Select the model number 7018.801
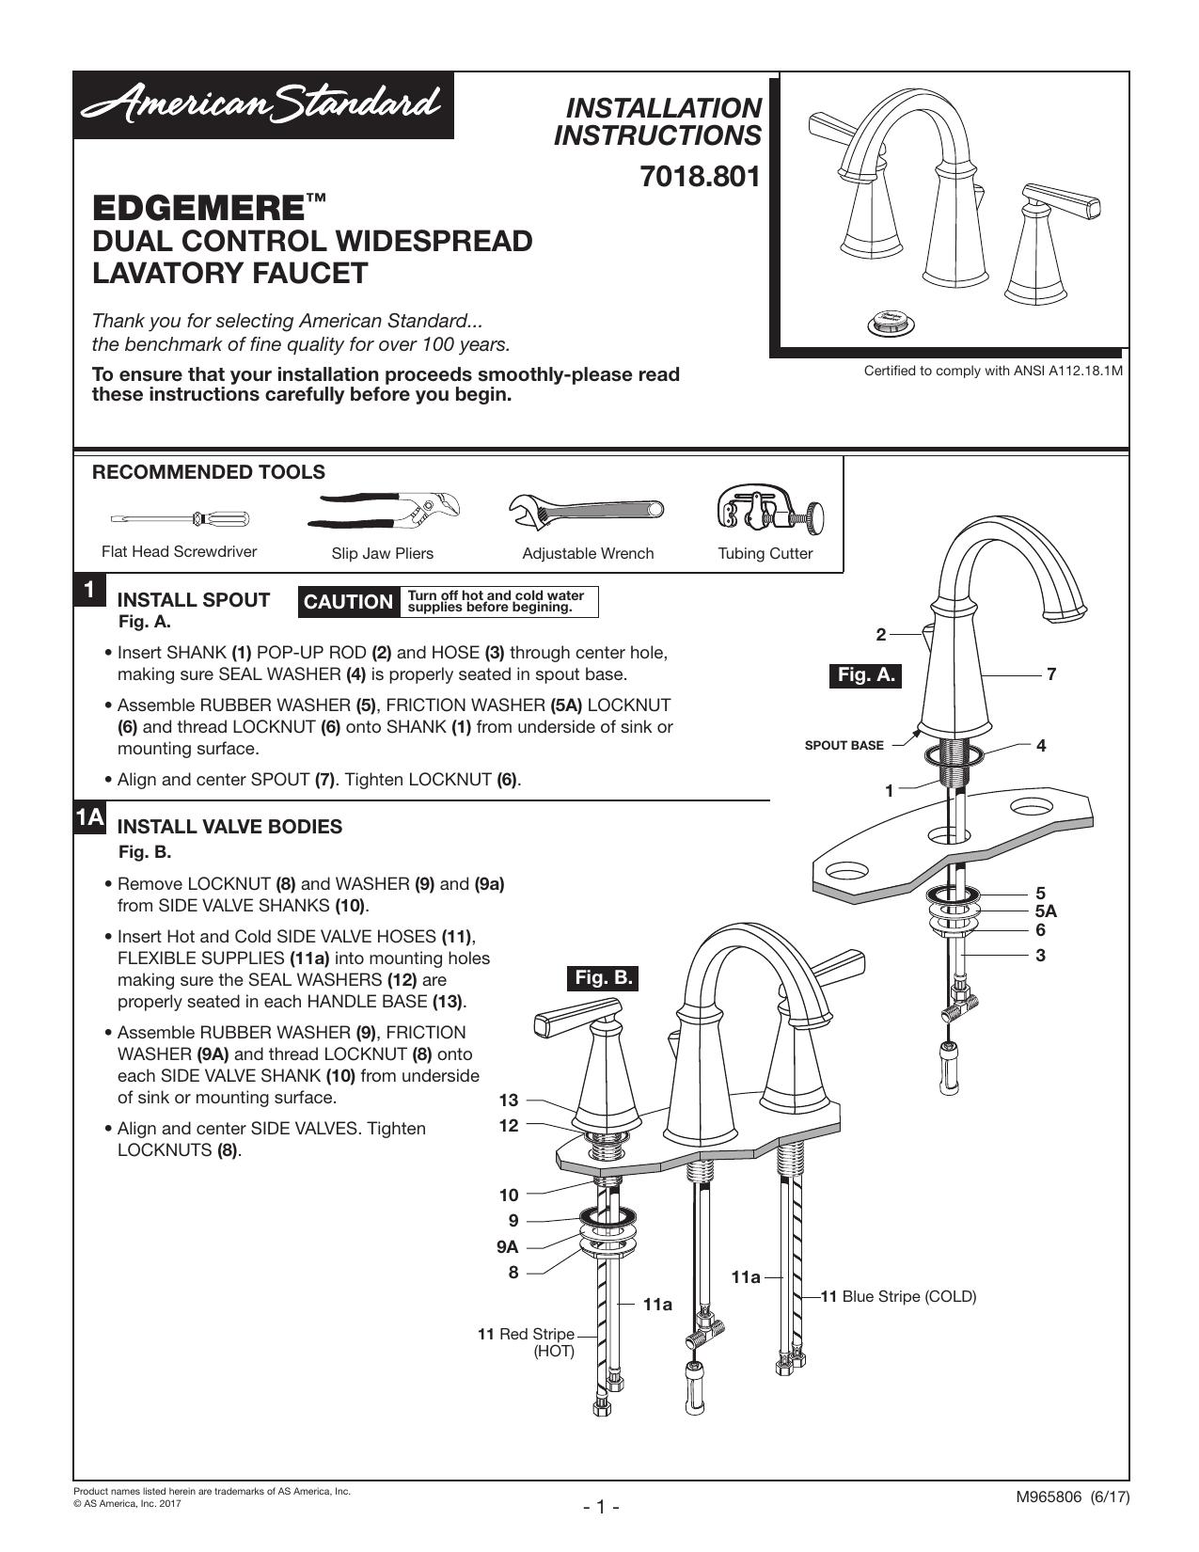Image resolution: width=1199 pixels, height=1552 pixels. click(700, 177)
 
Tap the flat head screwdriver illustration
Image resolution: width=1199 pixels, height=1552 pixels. click(180, 518)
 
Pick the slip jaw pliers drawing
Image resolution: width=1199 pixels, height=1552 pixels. click(383, 511)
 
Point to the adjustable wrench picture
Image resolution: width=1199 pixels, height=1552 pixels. click(586, 512)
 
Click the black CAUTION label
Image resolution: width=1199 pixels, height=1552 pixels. click(348, 601)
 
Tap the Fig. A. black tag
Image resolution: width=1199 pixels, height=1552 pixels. click(865, 675)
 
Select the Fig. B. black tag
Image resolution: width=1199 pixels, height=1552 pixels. click(604, 977)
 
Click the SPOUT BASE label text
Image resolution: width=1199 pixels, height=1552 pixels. click(844, 746)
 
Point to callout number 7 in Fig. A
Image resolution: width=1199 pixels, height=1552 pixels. click(1051, 673)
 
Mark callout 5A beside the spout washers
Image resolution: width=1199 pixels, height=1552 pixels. click(1046, 911)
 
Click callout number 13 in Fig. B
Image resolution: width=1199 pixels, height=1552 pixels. click(509, 1101)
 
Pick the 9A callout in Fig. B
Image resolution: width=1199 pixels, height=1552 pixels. click(507, 1247)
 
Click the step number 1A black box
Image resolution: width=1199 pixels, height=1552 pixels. click(90, 817)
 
